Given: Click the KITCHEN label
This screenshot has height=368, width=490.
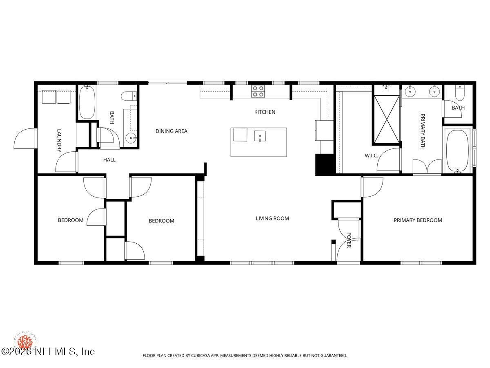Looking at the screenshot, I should point(265,112).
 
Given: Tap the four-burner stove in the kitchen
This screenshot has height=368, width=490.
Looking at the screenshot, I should point(258,91).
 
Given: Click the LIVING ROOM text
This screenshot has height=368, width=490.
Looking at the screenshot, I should point(272,218).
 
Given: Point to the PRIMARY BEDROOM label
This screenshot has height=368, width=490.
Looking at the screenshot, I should point(418,220).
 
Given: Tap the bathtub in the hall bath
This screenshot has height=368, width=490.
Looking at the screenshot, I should point(87,102).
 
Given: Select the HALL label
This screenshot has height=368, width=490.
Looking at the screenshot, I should point(109,160).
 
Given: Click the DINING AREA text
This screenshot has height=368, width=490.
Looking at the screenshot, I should point(171,131).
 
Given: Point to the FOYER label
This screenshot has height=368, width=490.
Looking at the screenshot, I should point(349,240).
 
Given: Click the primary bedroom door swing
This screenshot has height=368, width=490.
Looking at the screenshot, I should point(372,187).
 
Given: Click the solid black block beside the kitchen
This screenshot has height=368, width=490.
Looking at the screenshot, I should point(325,165).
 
